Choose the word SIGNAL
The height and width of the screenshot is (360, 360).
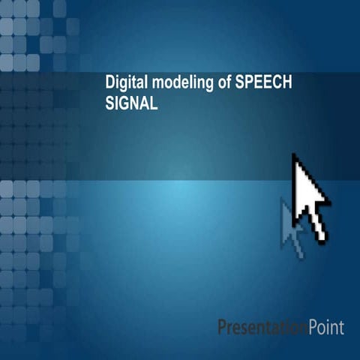131,105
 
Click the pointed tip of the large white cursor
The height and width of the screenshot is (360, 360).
294,155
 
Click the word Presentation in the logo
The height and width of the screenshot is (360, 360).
262,327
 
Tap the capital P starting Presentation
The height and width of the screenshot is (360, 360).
222,327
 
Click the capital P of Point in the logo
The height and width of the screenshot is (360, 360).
311,327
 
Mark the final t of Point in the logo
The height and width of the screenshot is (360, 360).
341,327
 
